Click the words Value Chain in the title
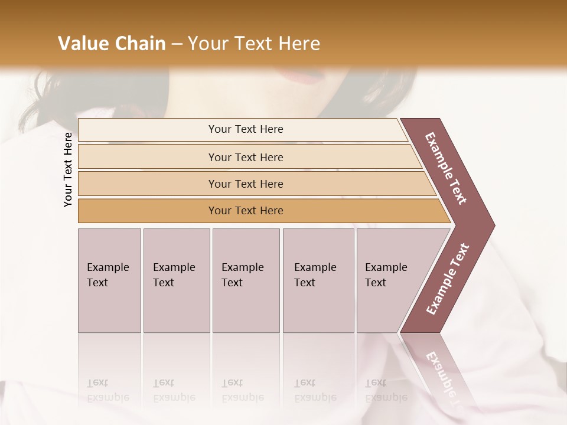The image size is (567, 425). (112, 44)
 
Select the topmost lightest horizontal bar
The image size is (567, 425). (245, 129)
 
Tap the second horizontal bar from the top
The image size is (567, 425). (245, 157)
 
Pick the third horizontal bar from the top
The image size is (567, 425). (245, 184)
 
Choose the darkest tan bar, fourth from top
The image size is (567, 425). (245, 211)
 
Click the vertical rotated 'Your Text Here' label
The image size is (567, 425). (68, 169)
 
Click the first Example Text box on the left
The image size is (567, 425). (109, 280)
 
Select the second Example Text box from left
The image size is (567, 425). (176, 280)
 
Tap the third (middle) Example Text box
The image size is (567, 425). (246, 280)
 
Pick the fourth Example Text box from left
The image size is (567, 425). (318, 280)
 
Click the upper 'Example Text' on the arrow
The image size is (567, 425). (446, 168)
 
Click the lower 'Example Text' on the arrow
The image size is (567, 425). (447, 279)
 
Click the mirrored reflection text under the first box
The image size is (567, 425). (107, 390)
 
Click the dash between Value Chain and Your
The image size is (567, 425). (177, 44)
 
